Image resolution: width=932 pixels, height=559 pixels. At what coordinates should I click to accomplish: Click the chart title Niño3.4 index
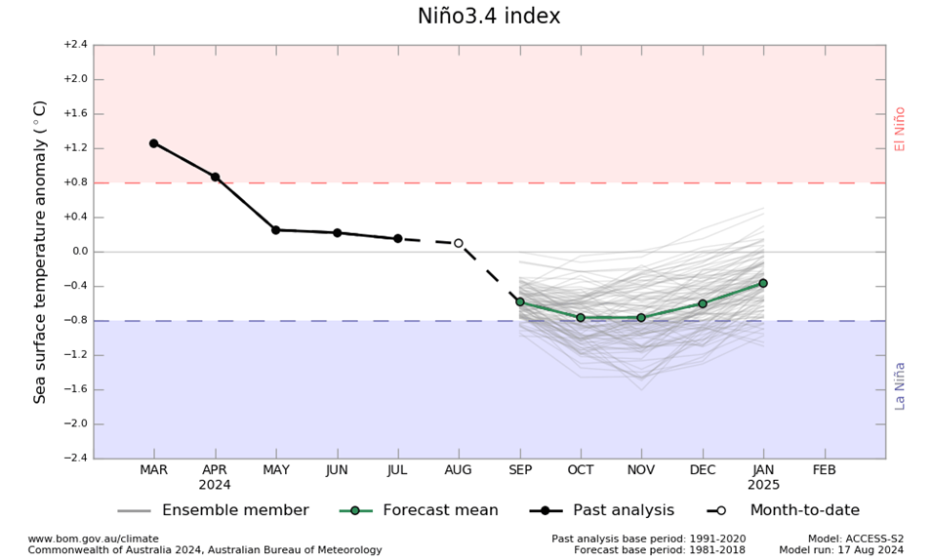pos(489,17)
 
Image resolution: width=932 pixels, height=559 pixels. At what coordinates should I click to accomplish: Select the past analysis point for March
pos(153,143)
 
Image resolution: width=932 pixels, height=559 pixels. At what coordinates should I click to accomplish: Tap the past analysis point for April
pos(215,177)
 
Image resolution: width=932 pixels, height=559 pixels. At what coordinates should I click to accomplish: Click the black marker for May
pos(275,230)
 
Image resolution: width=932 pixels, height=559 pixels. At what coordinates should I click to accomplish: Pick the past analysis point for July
pos(397,238)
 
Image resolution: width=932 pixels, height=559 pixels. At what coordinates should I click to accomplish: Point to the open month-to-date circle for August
pos(459,243)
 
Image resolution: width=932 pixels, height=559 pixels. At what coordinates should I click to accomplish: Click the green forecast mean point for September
pos(519,302)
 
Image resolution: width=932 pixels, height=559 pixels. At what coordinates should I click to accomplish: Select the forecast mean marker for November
pos(641,317)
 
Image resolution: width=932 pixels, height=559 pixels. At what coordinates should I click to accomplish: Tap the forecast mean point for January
pos(763,283)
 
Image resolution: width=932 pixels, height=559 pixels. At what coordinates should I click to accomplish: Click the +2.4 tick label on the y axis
pos(75,45)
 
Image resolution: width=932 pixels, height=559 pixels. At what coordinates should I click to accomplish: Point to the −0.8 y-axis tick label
pos(75,320)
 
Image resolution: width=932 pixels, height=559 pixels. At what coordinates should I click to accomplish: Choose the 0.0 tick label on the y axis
pos(78,252)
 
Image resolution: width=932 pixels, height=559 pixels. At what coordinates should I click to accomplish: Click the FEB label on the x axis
pos(825,469)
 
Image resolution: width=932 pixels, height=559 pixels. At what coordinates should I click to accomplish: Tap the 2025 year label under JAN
pos(763,484)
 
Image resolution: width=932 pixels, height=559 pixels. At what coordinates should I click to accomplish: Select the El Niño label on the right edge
pos(900,129)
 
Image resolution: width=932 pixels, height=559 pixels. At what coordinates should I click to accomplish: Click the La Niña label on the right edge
pos(900,385)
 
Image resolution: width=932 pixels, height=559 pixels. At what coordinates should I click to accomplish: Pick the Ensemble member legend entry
pos(234,510)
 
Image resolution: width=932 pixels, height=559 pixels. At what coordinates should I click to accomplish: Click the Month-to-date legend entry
pos(804,510)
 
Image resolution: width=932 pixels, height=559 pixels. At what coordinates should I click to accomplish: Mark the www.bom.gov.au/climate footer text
pos(93,539)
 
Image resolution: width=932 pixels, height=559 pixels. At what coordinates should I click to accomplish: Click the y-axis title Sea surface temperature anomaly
pos(41,252)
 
